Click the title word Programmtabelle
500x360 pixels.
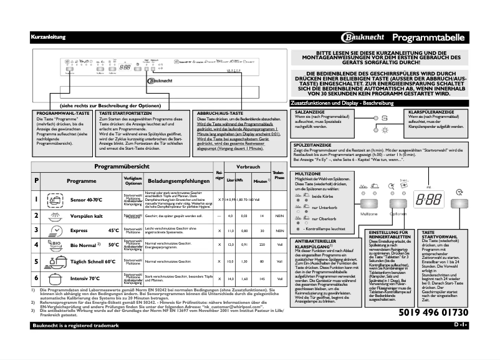430,37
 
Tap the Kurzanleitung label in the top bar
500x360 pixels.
48,37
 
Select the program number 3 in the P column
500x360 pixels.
37,230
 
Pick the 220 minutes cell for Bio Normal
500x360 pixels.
262,245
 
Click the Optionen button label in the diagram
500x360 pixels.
398,214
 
